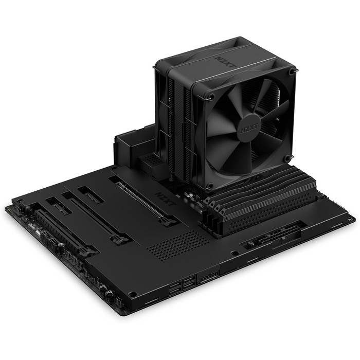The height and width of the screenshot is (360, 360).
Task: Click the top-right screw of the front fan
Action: [292, 73]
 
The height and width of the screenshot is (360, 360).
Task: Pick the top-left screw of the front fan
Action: [211, 96]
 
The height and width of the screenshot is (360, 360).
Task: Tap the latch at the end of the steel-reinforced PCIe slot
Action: [166, 222]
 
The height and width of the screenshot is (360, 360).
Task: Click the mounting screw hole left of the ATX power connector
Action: [235, 254]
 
